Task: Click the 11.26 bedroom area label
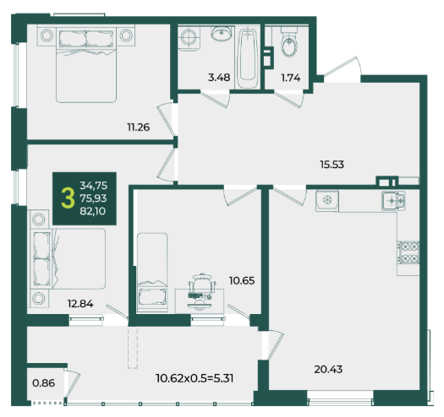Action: (x=138, y=127)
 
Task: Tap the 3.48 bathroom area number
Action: (x=219, y=78)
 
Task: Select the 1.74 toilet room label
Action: (x=291, y=78)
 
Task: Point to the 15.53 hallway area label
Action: (x=332, y=165)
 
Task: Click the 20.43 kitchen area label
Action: (x=328, y=369)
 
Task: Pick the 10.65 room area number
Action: (x=242, y=281)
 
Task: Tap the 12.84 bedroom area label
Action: (x=80, y=304)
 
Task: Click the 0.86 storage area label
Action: (x=44, y=383)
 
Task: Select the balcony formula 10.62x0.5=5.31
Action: (x=195, y=378)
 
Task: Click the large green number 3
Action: (x=68, y=198)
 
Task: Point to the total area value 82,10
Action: (x=93, y=211)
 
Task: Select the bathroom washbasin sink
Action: (x=222, y=34)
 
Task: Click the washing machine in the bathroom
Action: (x=189, y=38)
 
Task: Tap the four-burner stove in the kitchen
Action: (x=408, y=252)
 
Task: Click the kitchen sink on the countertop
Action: (x=393, y=201)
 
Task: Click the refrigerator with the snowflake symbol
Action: (x=327, y=201)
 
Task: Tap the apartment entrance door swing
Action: (x=343, y=67)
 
